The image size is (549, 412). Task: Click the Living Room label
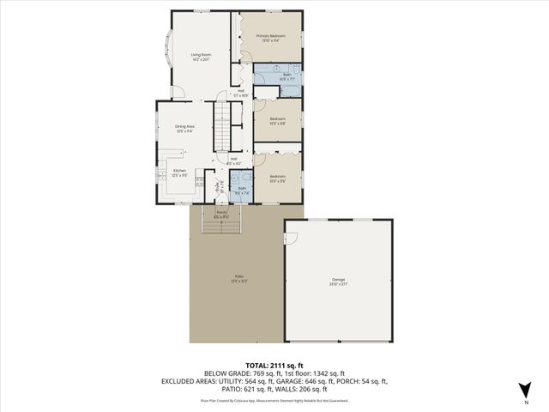point(201,55)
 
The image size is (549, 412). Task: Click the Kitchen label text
point(180,170)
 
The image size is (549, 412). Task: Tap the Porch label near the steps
point(221,212)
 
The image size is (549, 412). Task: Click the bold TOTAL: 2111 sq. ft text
point(274,365)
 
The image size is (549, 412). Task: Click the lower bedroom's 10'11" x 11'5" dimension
point(278,180)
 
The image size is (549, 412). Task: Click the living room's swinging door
point(177,92)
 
